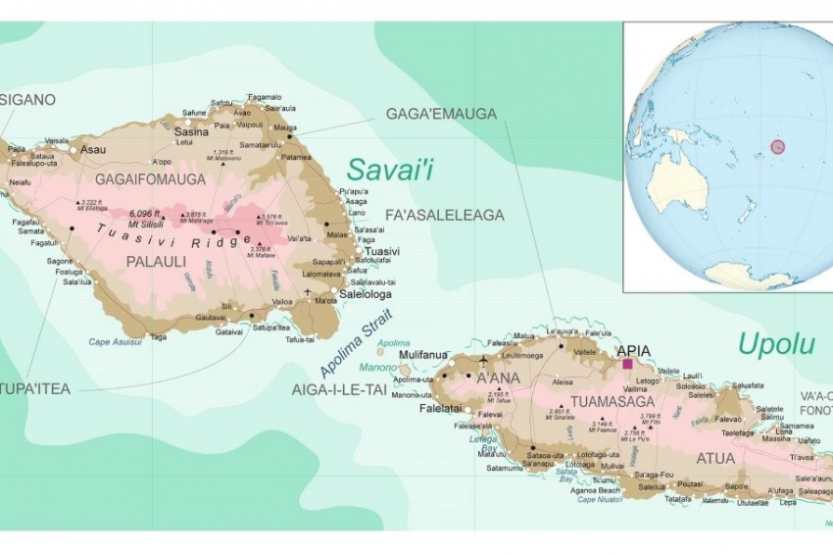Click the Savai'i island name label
tap(390, 169)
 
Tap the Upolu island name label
tap(776, 344)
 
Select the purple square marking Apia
tap(627, 364)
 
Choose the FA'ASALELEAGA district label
tap(445, 215)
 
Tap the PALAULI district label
tap(158, 262)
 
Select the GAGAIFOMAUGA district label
tap(150, 179)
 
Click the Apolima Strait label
tap(355, 343)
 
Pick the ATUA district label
tap(714, 457)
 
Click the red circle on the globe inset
tap(777, 147)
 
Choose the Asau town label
tap(94, 150)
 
